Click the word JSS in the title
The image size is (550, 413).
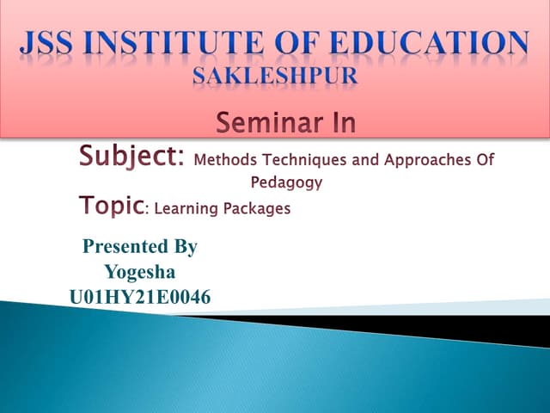coord(58,42)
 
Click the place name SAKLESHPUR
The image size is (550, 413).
coord(274,75)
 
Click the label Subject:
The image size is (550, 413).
coord(131,157)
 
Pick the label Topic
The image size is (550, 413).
coord(110,206)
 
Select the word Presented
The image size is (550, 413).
coord(121,248)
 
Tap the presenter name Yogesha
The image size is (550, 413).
coord(140,273)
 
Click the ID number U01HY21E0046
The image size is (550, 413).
coord(140,298)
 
